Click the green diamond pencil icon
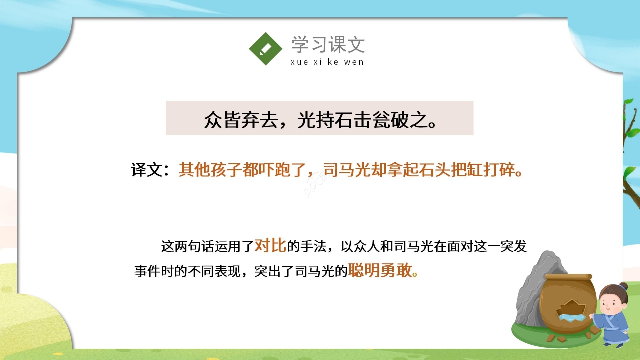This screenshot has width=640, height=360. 266,49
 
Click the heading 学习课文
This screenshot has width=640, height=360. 328,45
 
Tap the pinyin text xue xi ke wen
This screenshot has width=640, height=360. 327,62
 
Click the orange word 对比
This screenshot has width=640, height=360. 270,245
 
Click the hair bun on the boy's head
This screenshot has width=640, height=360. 622,287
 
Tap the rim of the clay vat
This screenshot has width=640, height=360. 568,277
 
